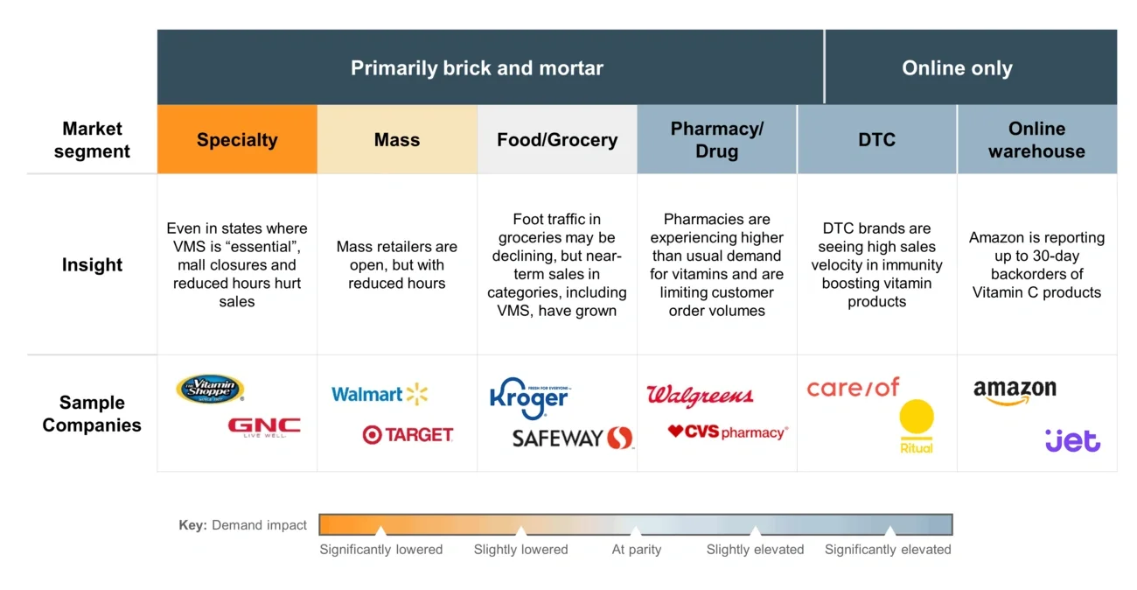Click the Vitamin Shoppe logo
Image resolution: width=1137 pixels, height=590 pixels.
click(x=210, y=389)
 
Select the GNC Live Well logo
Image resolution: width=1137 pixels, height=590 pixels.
click(x=264, y=427)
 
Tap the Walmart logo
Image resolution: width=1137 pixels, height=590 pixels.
click(x=380, y=394)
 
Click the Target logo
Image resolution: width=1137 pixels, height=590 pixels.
click(x=408, y=434)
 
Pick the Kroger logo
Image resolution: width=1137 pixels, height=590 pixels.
click(x=529, y=398)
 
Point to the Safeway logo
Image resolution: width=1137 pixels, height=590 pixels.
click(x=573, y=438)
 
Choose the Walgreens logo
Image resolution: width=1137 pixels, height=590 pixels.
click(x=700, y=396)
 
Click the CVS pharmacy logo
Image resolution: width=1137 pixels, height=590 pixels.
click(x=728, y=432)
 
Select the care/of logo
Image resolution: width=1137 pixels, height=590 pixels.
click(x=853, y=388)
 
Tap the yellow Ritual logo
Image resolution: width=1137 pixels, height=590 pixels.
click(x=917, y=427)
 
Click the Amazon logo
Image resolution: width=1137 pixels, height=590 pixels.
click(x=1015, y=392)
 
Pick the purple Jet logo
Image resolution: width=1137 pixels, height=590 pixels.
click(x=1072, y=440)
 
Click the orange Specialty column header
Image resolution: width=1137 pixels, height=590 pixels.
click(x=237, y=140)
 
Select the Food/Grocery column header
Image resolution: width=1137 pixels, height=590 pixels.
click(x=557, y=140)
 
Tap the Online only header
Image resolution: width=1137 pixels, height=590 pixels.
click(x=957, y=68)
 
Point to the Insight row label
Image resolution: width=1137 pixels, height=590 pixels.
click(x=92, y=265)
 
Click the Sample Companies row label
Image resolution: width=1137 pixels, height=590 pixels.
click(x=92, y=414)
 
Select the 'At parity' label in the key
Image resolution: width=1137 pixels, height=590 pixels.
click(x=637, y=550)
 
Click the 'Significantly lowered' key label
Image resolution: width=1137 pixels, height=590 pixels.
click(x=381, y=550)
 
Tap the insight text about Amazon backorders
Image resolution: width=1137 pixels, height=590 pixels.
click(x=1036, y=264)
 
